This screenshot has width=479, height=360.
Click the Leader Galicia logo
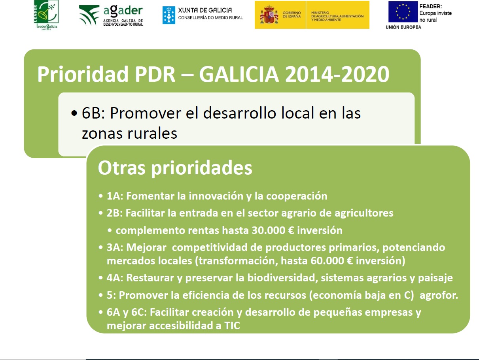(46, 15)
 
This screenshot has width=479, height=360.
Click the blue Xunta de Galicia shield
(169, 15)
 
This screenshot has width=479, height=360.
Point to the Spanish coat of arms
(269, 15)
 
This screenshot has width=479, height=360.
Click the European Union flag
(403, 11)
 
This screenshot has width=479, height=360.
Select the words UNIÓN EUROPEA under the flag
(403, 27)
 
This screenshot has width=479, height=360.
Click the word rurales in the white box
(152, 133)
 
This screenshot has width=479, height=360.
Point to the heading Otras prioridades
(175, 168)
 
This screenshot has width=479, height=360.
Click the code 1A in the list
(114, 196)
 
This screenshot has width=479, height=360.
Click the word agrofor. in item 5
(439, 296)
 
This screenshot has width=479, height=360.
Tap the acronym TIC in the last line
(232, 326)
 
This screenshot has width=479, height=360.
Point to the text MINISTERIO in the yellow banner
(320, 13)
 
